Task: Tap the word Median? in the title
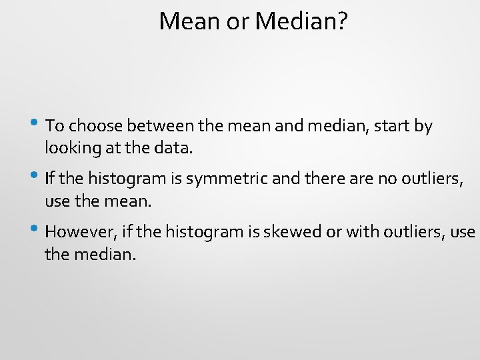(301, 21)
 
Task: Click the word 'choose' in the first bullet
(95, 126)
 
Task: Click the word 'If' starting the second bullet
(49, 178)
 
